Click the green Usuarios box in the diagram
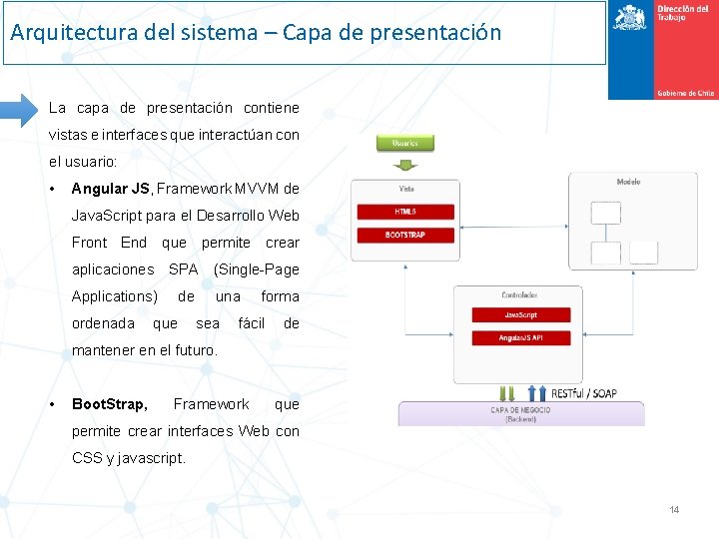point(404,143)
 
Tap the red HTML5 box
point(405,212)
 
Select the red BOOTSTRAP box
point(405,235)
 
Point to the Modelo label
point(628,182)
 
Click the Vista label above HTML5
point(406,189)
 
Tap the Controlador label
point(518,295)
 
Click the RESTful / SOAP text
point(583,393)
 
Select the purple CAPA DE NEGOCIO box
point(520,413)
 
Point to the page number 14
point(674,510)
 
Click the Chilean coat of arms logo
point(629,17)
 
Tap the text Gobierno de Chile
point(685,93)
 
